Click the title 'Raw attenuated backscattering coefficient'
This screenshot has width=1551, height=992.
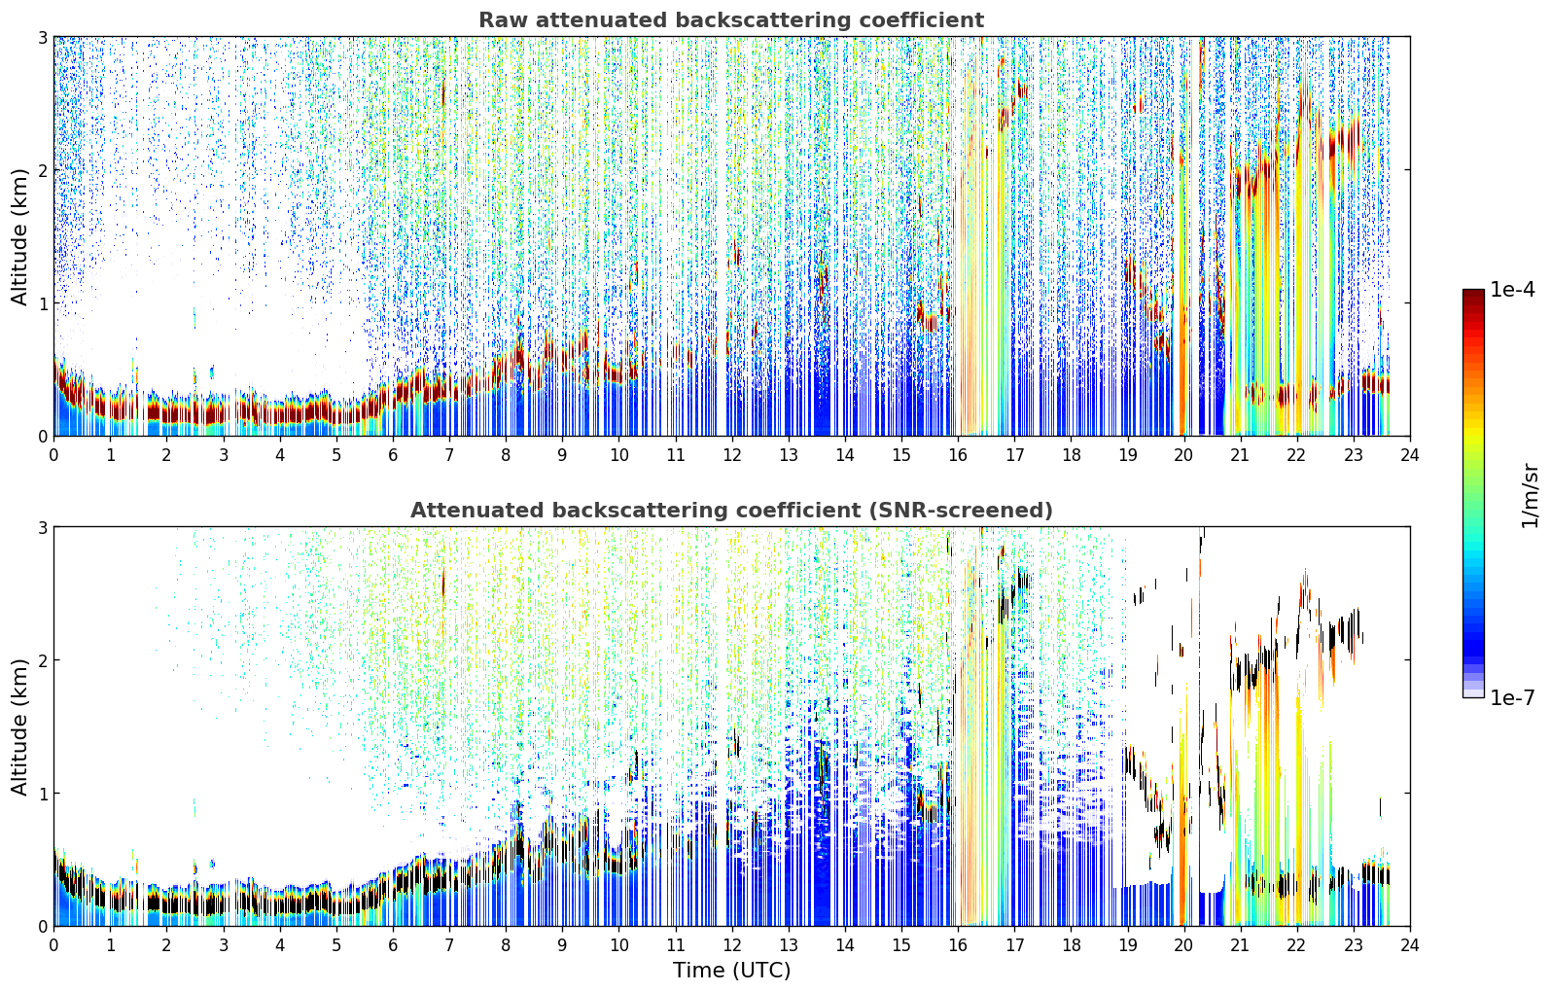[x=731, y=20]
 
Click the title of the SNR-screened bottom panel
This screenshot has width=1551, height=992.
[x=731, y=511]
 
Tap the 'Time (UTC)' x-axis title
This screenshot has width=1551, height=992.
[x=731, y=971]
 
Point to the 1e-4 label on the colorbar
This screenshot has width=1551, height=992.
[x=1512, y=290]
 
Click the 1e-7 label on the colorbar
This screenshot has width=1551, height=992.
[x=1512, y=697]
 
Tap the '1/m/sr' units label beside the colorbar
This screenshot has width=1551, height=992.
[x=1530, y=496]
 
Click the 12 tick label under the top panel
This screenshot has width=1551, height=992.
[x=732, y=455]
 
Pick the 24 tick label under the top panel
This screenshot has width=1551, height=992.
[x=1410, y=455]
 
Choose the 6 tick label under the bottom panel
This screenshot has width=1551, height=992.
[x=393, y=945]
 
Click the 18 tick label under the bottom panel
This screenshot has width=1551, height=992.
[x=1072, y=945]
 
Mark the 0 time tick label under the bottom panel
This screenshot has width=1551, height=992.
[x=54, y=945]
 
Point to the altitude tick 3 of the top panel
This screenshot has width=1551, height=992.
[x=42, y=37]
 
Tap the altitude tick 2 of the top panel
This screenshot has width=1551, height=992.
[x=42, y=170]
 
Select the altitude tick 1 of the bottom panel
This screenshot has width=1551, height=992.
[x=42, y=794]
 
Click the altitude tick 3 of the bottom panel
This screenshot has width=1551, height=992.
[x=42, y=528]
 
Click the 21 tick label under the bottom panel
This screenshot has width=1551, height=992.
[x=1240, y=945]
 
